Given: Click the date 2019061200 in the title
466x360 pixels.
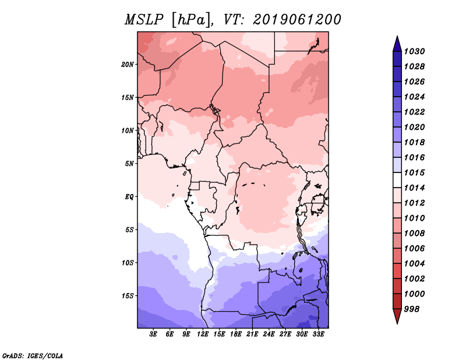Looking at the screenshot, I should [296, 19].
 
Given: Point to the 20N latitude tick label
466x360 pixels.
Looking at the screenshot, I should [128, 64].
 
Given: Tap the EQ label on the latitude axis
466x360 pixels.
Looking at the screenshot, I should [129, 196].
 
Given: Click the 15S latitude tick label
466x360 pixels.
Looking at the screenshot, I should [128, 295].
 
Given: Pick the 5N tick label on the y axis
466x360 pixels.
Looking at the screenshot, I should [129, 163].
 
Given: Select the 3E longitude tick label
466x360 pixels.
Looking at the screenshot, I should [154, 334].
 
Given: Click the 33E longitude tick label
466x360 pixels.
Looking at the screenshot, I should [318, 334].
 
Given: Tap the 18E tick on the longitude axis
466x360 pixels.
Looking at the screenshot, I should [236, 334].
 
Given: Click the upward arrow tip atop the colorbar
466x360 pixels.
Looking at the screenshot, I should [397, 38].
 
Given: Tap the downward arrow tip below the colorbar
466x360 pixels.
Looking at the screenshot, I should [397, 321].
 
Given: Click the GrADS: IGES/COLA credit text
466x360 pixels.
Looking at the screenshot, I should [32, 355].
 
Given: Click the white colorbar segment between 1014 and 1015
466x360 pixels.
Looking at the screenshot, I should [397, 180].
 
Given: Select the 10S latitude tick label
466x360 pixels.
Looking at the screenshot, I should [128, 263].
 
